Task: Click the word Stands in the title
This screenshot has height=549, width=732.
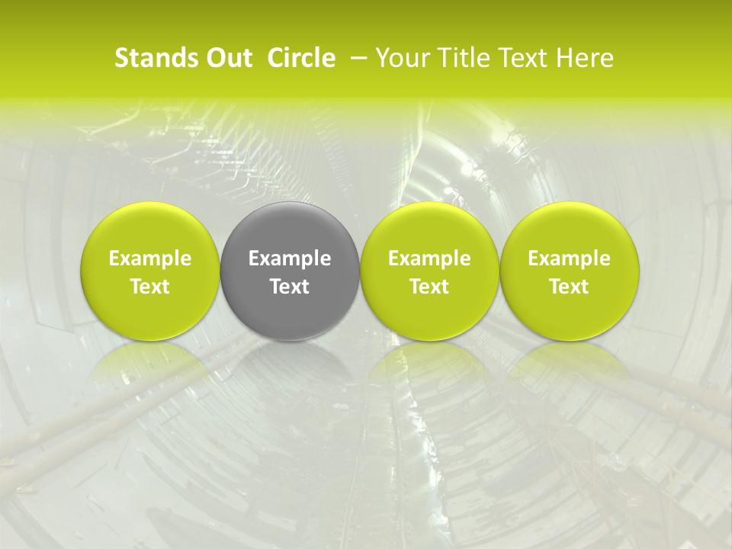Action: [x=148, y=58]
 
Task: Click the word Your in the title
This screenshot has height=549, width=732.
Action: [x=402, y=58]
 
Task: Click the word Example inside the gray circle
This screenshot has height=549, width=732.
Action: [x=290, y=258]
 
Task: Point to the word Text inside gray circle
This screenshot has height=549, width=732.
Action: [x=290, y=287]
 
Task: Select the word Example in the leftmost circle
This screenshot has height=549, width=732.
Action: [x=149, y=258]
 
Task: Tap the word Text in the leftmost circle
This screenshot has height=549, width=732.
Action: [x=149, y=287]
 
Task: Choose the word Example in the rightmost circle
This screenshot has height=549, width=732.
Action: [x=569, y=258]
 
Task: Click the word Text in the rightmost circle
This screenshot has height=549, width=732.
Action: [x=569, y=287]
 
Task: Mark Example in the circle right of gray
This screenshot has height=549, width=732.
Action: [x=429, y=258]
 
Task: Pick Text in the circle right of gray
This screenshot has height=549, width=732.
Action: [x=429, y=287]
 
